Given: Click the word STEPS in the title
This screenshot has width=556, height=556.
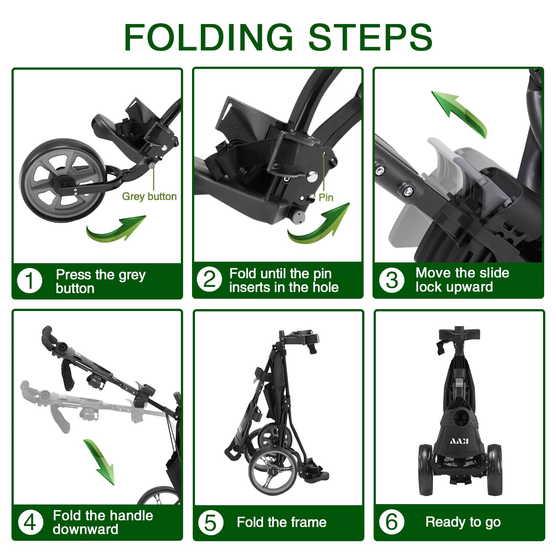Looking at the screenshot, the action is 371,37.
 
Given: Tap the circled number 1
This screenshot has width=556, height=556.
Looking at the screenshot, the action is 30,281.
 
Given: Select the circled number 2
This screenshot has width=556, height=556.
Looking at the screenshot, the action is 209,280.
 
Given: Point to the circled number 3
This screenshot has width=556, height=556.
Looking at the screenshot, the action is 392,280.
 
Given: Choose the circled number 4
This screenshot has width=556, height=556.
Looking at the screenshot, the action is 30,522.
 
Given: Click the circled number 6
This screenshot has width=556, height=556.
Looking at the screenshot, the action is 392,522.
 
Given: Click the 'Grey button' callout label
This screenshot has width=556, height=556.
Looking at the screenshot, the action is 149,196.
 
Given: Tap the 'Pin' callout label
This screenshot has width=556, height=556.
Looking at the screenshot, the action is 326,198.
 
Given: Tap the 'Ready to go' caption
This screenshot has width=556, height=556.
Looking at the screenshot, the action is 463,522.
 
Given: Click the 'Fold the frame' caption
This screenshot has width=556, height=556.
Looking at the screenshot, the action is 282,523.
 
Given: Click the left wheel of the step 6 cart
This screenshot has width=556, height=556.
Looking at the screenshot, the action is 426,470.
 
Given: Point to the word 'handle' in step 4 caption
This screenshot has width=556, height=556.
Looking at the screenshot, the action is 132,516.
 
